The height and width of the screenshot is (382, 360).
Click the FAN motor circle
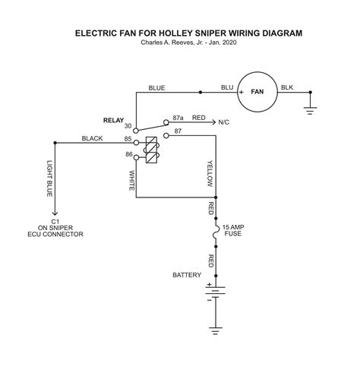(x=257, y=72)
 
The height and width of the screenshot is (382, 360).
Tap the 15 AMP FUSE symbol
(x=215, y=232)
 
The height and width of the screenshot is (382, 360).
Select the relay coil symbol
(x=151, y=150)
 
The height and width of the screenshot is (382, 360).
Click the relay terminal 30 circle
(x=136, y=131)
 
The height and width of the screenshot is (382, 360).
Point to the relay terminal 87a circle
(x=166, y=122)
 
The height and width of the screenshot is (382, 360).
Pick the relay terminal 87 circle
(x=166, y=136)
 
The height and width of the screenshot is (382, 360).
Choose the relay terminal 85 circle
(x=136, y=143)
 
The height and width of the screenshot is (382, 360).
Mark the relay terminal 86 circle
(x=136, y=157)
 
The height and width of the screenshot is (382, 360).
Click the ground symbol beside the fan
(x=311, y=111)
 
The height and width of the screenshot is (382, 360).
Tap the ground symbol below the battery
(x=216, y=331)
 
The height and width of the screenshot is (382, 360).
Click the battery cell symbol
(x=215, y=293)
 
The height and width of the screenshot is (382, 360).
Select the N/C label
(x=224, y=122)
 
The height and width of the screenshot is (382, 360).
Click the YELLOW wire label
(x=210, y=174)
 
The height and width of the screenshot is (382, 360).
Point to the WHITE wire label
(x=132, y=181)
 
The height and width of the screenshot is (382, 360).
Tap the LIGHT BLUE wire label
(x=49, y=178)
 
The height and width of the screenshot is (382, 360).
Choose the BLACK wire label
(x=92, y=138)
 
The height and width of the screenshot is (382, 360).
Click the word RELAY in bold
(x=113, y=120)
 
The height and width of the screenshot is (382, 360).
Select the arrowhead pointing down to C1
(x=55, y=213)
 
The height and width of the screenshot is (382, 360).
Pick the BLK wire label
(x=287, y=87)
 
